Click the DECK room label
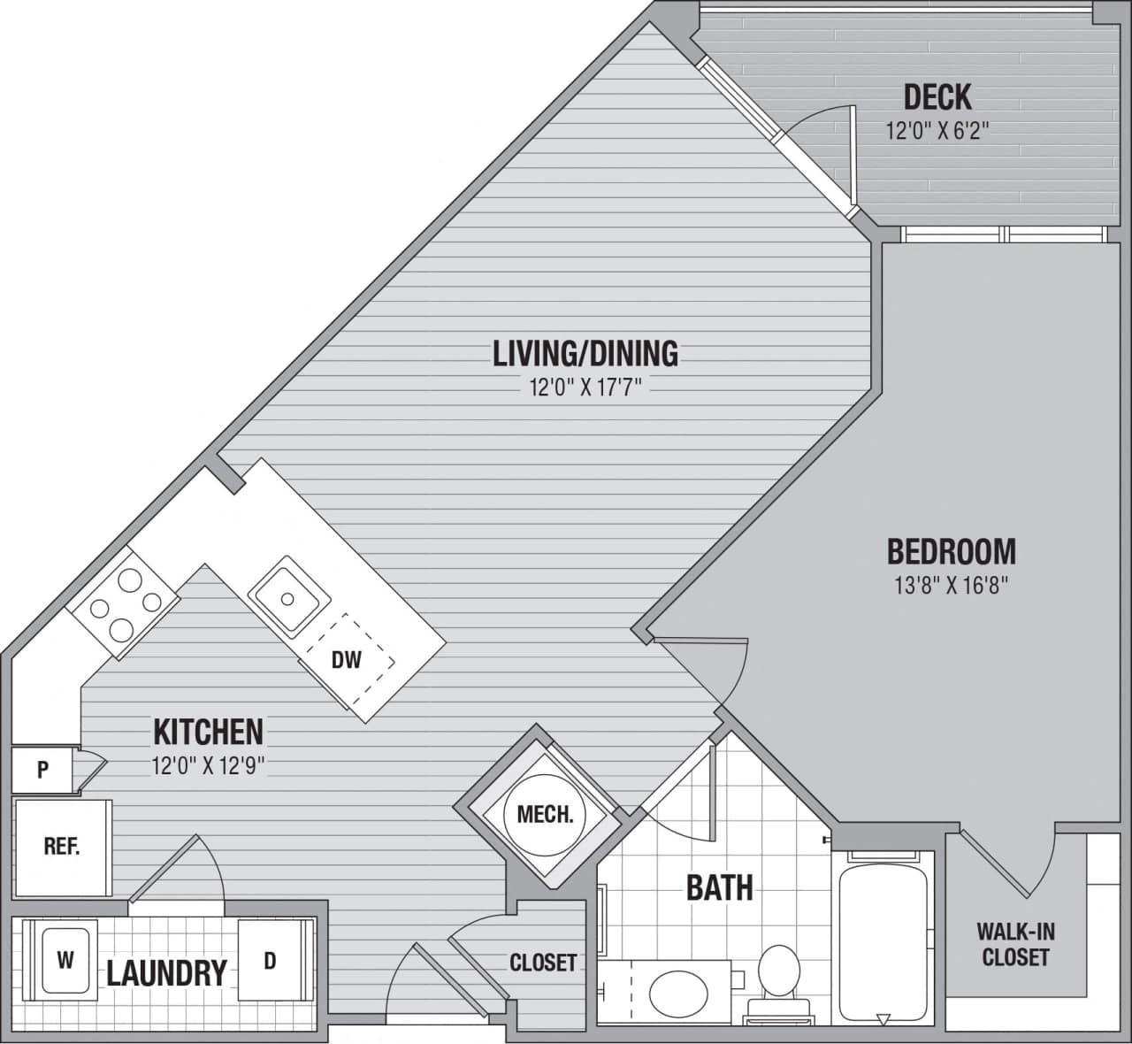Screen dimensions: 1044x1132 937,96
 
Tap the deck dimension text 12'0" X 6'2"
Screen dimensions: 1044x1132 937,132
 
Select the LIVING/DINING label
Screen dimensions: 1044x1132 585,353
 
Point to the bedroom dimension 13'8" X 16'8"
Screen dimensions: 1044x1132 951,586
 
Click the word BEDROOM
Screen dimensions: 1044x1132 951,551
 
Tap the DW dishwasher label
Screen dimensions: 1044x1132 346,660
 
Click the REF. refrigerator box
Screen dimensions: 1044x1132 62,847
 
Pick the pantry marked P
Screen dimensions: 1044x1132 42,770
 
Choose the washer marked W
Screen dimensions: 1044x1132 65,961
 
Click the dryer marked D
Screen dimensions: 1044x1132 270,961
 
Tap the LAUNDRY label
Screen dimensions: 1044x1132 166,973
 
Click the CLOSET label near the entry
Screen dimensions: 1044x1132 542,963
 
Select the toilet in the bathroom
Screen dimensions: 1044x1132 778,978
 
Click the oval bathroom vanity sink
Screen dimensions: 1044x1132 677,994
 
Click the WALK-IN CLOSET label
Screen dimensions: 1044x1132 1014,944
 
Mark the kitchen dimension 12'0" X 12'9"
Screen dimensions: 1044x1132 208,766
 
